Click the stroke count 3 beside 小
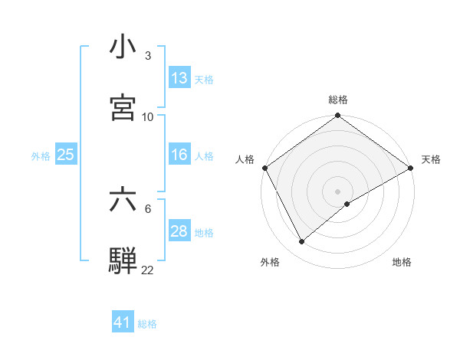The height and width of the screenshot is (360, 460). pos(148,56)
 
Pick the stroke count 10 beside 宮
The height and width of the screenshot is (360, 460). pos(148,116)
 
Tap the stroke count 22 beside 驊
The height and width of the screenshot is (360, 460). pos(148,270)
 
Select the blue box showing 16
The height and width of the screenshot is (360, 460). pos(179,155)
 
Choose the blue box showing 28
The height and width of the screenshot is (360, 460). pos(179,232)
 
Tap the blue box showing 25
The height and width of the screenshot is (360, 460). pos(65,155)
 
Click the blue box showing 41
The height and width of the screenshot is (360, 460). pos(123,323)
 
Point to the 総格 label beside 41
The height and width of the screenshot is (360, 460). pos(147,324)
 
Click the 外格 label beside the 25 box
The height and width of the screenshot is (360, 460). pos(41,155)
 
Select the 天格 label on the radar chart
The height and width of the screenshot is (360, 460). pos(431,159)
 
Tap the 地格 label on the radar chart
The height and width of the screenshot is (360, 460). pos(402,262)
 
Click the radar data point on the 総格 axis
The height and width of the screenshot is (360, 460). pos(337,116)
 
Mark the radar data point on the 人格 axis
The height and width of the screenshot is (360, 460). pos(265,168)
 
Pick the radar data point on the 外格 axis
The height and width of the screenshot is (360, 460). pos(302,242)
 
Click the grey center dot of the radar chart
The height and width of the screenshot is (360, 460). pos(337,191)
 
